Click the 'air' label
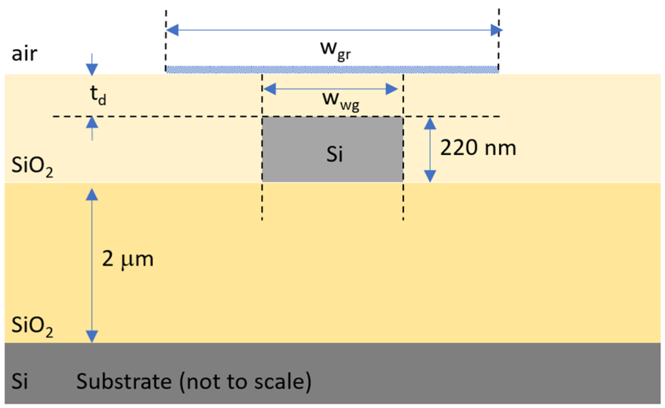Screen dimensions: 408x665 click(x=24, y=54)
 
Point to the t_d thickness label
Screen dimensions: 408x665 click(x=98, y=95)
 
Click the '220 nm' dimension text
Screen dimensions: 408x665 click(x=478, y=148)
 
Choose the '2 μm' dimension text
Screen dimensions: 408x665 click(x=127, y=259)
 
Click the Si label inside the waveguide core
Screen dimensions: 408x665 click(x=334, y=154)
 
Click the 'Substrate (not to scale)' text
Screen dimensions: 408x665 click(x=194, y=382)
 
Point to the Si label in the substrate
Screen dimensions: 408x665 click(x=20, y=382)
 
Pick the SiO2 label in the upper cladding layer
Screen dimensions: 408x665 click(x=32, y=165)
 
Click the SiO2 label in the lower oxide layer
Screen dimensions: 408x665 click(x=32, y=326)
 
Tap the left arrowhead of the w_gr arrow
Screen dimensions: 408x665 click(x=172, y=30)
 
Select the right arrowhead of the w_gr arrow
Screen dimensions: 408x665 click(x=496, y=30)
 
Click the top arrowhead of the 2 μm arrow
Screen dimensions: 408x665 click(x=92, y=194)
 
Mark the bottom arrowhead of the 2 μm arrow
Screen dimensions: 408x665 click(x=92, y=336)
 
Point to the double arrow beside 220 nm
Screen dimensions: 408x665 click(x=430, y=150)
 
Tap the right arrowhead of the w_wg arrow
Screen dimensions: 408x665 click(x=391, y=89)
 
